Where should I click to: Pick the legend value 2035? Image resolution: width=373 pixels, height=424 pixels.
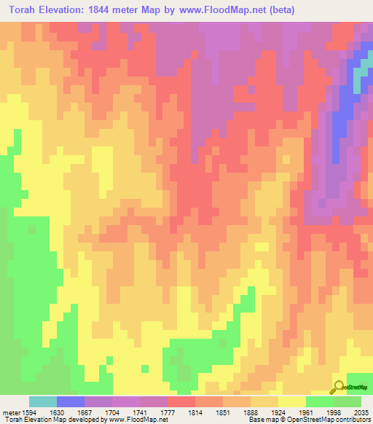click(x=361, y=411)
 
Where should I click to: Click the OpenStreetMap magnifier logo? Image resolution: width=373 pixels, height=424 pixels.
click(x=338, y=387)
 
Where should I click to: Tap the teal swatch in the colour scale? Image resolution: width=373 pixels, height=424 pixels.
click(x=43, y=401)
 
